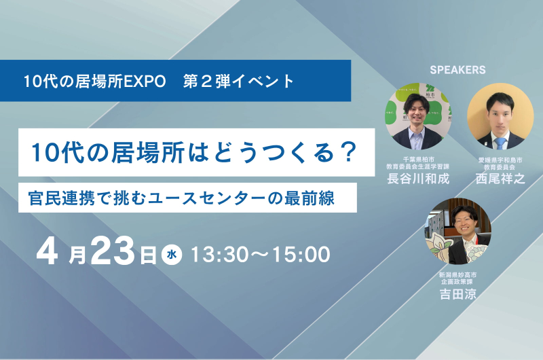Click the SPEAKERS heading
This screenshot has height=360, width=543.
457,70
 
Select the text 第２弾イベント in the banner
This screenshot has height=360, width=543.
239,82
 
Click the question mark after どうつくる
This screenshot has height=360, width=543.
347,153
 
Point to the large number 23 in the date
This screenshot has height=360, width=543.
113,251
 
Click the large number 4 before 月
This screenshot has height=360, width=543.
47,251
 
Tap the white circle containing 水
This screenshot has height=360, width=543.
172,255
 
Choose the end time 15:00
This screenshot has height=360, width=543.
301,255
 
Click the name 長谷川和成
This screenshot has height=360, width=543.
418,179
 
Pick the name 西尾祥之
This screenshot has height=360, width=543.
500,179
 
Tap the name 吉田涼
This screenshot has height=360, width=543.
457,294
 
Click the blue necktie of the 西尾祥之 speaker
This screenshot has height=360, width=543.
501,143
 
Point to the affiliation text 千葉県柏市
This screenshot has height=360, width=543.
418,160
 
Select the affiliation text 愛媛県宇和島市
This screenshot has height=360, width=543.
500,160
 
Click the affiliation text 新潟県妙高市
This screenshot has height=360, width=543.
457,275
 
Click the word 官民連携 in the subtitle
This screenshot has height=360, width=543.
57,198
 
